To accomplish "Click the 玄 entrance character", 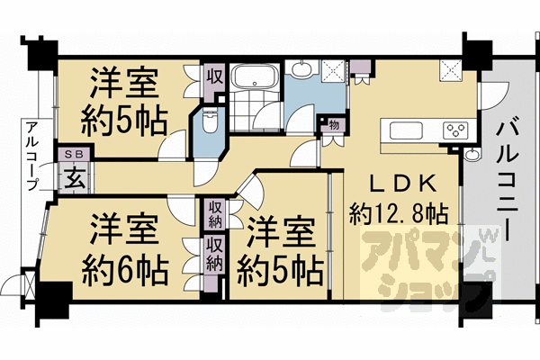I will pos(73,177).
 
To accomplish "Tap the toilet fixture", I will pos(210,122).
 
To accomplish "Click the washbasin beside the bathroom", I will pos(300,69).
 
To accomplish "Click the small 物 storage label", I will pos(333,124).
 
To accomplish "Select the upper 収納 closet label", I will pos(214,214).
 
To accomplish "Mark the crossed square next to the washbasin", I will pos(332,69).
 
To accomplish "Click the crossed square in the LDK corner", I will pos(450,69).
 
